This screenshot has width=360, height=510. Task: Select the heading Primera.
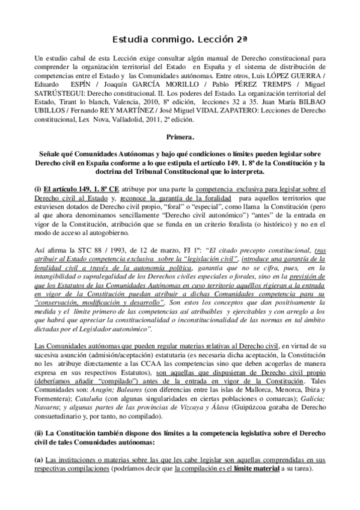[180, 137]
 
